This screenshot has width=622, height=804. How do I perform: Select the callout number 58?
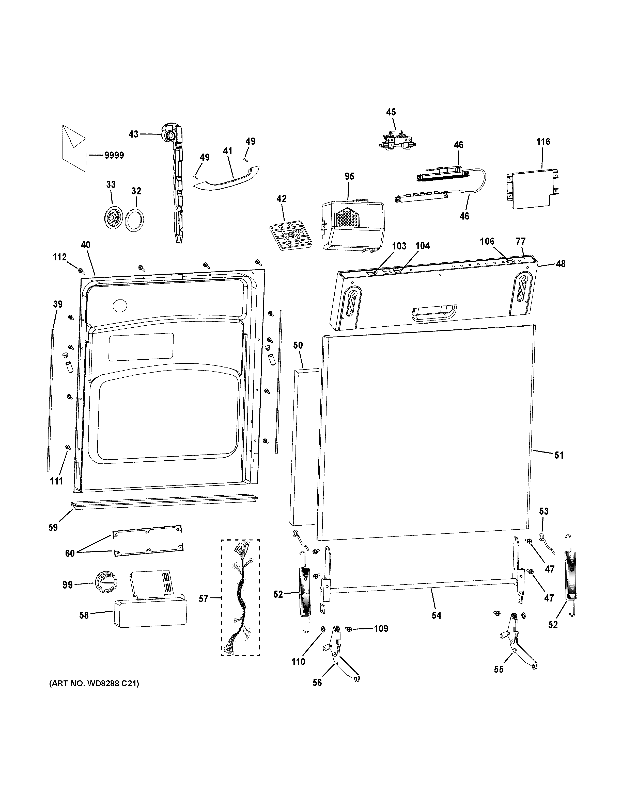84,615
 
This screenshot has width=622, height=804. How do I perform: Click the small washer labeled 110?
323,628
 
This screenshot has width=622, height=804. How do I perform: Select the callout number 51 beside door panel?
559,455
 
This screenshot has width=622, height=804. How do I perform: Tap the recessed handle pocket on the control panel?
434,313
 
